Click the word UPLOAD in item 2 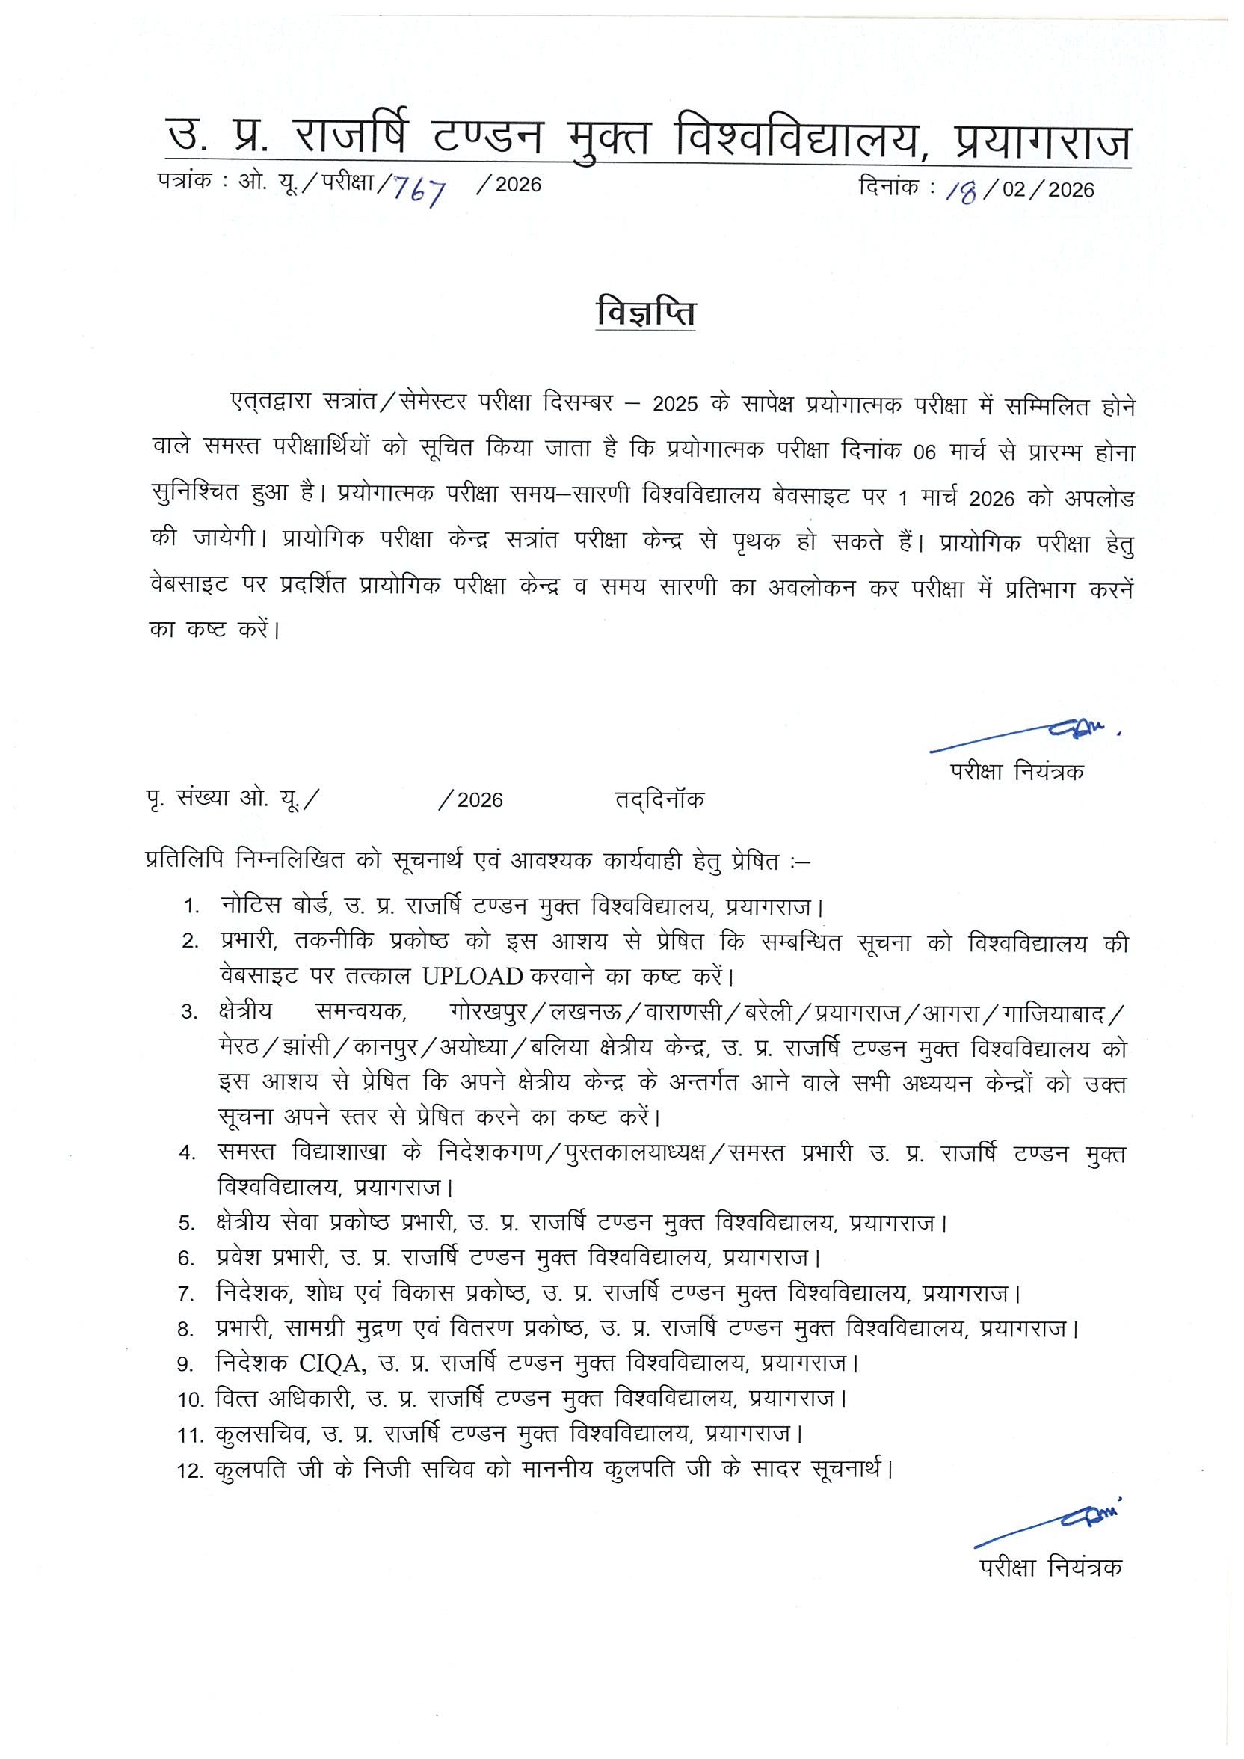tap(472, 977)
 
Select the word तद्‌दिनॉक tap(659, 799)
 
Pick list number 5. tap(187, 1223)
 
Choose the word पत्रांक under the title tap(184, 183)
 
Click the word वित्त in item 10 tap(238, 1399)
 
